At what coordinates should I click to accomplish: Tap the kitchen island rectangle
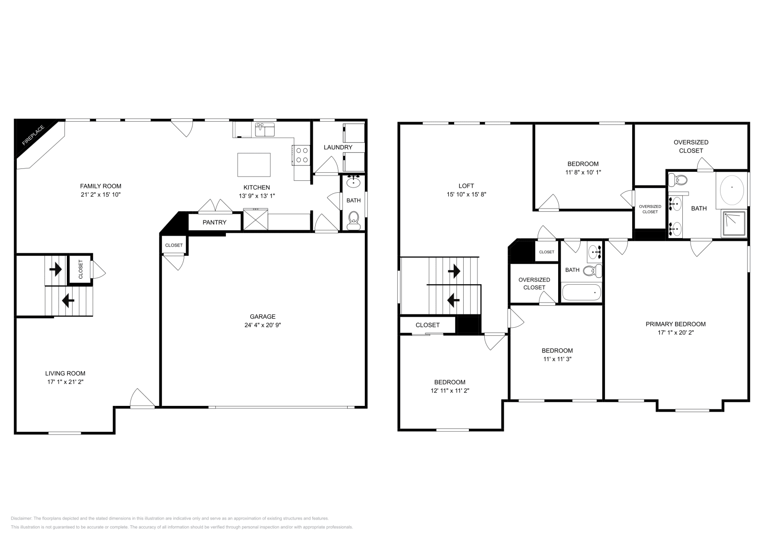(x=254, y=165)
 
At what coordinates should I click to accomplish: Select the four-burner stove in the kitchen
(x=302, y=155)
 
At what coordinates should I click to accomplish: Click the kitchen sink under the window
(x=265, y=129)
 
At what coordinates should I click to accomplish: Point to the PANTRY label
(x=214, y=222)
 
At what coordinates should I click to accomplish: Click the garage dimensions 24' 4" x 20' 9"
(x=263, y=325)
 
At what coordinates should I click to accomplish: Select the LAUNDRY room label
(x=338, y=147)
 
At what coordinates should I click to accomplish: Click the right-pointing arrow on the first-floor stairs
(x=56, y=270)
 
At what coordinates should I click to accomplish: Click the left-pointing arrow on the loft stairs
(x=453, y=300)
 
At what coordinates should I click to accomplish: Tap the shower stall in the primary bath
(x=734, y=224)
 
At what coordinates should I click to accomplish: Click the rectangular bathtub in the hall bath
(x=581, y=292)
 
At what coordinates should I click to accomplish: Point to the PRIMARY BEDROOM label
(x=675, y=324)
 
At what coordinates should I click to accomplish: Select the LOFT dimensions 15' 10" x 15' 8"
(x=466, y=195)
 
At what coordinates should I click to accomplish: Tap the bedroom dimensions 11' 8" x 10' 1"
(x=583, y=172)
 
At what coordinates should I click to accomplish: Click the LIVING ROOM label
(x=65, y=374)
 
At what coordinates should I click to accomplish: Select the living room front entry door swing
(x=141, y=398)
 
